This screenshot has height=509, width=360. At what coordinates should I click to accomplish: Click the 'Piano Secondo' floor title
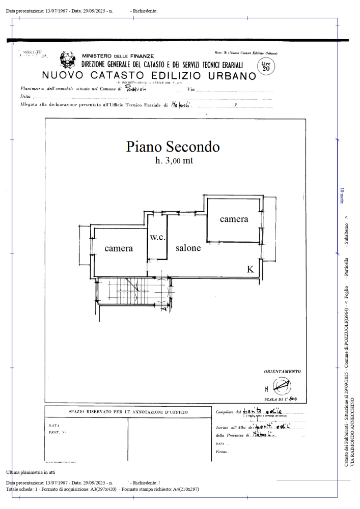[x=173, y=147]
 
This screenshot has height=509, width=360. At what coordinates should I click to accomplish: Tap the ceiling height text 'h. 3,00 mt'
[x=173, y=161]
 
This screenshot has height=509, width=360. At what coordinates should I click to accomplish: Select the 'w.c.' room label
[x=157, y=238]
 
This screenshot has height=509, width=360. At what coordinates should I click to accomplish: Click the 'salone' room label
[x=188, y=248]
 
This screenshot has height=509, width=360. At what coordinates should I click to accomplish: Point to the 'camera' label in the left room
[x=119, y=248]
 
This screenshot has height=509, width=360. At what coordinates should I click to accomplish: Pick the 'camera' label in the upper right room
[x=234, y=219]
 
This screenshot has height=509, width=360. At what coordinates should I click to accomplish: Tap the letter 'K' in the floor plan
[x=251, y=270]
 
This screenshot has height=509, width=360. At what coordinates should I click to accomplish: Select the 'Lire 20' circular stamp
[x=266, y=66]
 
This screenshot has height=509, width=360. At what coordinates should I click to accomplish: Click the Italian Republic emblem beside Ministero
[x=68, y=60]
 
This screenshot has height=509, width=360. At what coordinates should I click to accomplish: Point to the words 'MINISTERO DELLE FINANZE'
[x=118, y=55]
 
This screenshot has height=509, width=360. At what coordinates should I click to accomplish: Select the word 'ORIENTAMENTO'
[x=283, y=372]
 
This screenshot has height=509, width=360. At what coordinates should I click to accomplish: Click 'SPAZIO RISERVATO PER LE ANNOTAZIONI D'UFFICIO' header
[x=128, y=411]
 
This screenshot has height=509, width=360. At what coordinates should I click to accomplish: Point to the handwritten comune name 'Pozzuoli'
[x=135, y=88]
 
